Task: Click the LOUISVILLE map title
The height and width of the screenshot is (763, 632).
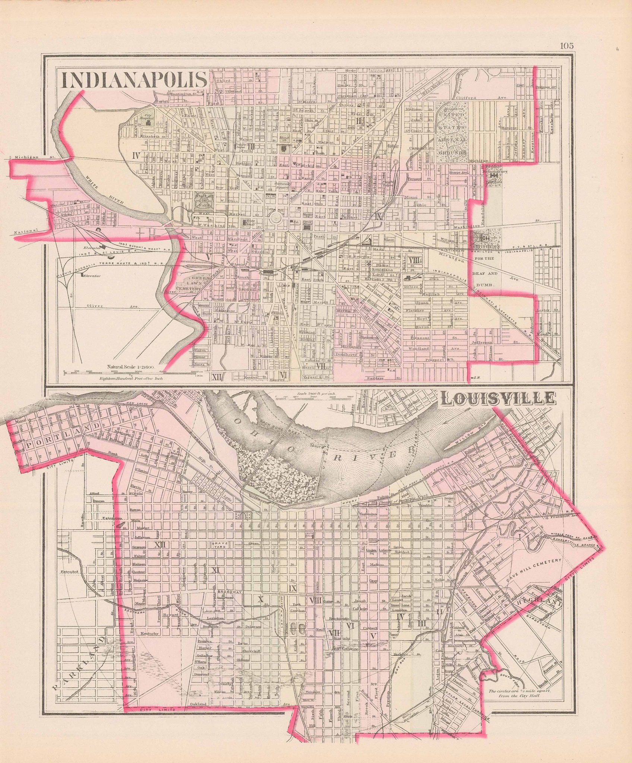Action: (x=497, y=399)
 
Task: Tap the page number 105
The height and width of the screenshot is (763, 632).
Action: (x=566, y=46)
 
